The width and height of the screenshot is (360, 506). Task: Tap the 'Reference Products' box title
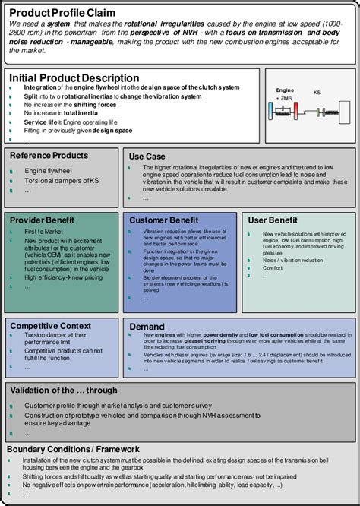click(49, 156)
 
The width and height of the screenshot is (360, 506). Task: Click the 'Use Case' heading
click(147, 156)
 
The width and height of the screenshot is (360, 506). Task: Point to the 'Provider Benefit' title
click(42, 220)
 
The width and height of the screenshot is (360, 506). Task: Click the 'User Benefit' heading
click(273, 220)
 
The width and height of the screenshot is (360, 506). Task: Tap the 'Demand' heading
click(147, 325)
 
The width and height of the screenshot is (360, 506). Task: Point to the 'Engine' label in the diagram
click(285, 90)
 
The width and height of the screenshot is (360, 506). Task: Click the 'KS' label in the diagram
click(317, 91)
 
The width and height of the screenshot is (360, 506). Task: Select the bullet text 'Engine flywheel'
click(46, 172)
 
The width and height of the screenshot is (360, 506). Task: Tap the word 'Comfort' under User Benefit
click(273, 267)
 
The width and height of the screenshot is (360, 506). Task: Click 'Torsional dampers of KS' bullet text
click(62, 182)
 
